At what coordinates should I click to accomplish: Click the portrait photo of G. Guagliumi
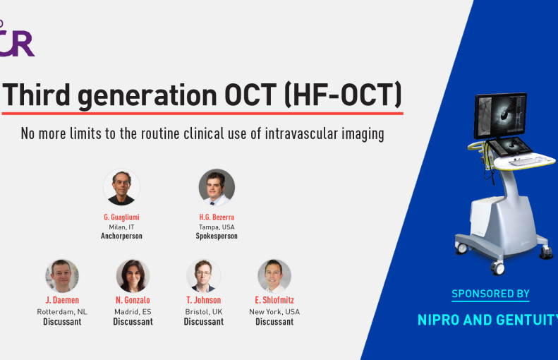pyautogui.click(x=121, y=187)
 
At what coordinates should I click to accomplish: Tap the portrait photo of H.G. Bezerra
pyautogui.click(x=217, y=187)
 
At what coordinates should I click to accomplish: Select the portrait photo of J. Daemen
pyautogui.click(x=62, y=276)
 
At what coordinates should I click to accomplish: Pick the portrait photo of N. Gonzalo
pyautogui.click(x=133, y=276)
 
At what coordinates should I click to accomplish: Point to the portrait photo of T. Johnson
pyautogui.click(x=204, y=276)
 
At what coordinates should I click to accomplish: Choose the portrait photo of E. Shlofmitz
pyautogui.click(x=274, y=276)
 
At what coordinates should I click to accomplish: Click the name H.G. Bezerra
pyautogui.click(x=217, y=217)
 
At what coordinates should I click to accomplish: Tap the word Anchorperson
pyautogui.click(x=121, y=236)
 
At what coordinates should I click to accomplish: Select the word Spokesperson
pyautogui.click(x=217, y=236)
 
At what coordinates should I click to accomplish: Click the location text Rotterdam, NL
pyautogui.click(x=62, y=312)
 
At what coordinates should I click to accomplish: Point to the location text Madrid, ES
pyautogui.click(x=133, y=312)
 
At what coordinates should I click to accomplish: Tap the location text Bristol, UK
pyautogui.click(x=204, y=312)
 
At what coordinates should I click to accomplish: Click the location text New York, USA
pyautogui.click(x=274, y=312)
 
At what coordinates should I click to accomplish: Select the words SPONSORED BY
pyautogui.click(x=490, y=294)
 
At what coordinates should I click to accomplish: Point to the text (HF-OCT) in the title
pyautogui.click(x=344, y=95)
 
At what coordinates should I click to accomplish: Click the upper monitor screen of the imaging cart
pyautogui.click(x=500, y=116)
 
